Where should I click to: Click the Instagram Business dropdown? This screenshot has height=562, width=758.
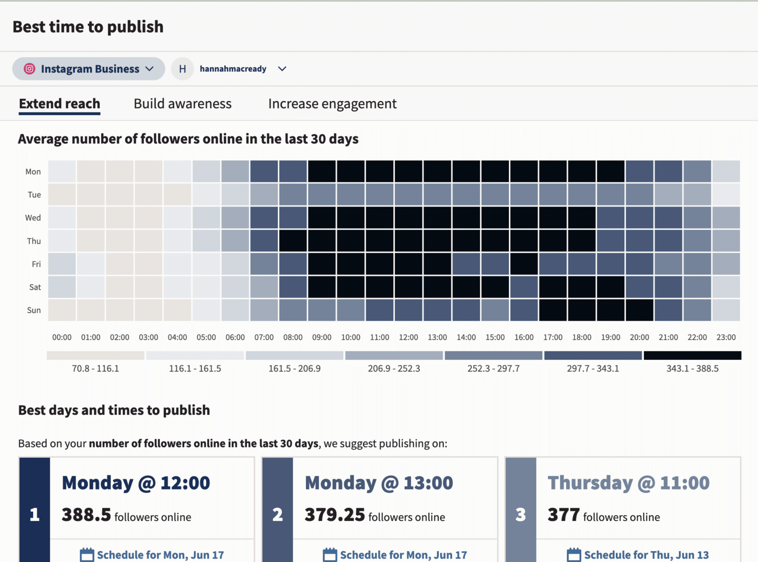(89, 69)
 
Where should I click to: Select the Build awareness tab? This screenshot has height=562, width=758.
(183, 104)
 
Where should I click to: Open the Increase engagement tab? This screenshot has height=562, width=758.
(332, 104)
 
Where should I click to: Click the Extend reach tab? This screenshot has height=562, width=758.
(60, 104)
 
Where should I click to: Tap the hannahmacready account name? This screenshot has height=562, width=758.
(233, 69)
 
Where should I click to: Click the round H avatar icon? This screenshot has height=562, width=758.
(183, 69)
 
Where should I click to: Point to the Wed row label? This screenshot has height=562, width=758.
(33, 218)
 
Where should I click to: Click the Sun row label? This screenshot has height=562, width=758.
(34, 310)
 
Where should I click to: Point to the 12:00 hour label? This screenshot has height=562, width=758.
(408, 337)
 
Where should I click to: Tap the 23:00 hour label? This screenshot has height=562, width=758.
(726, 337)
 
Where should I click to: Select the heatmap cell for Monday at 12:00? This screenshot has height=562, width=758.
(409, 171)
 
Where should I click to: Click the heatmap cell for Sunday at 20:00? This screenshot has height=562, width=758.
(640, 310)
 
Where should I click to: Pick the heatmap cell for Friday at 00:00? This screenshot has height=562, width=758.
(62, 264)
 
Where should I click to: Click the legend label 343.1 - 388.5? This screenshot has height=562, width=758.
(692, 369)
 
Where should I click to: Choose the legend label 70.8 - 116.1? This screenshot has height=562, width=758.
(95, 369)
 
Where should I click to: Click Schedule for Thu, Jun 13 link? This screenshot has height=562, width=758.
(646, 555)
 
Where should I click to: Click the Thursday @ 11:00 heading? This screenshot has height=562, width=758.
(628, 483)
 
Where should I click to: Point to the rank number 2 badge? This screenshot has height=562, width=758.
(277, 515)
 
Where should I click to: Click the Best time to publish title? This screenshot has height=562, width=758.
(88, 27)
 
